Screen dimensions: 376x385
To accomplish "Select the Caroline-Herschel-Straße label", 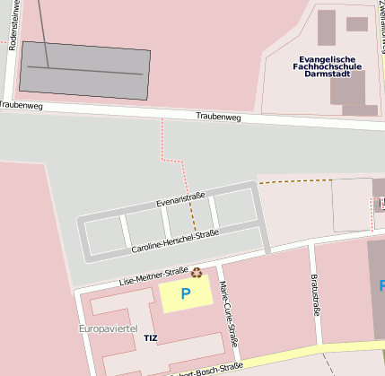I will [175, 240].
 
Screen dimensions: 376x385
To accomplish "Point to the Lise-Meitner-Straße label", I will [153, 275].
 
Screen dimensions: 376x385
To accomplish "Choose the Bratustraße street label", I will [315, 296].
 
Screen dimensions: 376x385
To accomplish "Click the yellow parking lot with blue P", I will [186, 293].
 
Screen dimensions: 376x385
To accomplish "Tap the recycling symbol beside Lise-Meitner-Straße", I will [197, 272].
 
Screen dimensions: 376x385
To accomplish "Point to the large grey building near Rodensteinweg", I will [85, 70].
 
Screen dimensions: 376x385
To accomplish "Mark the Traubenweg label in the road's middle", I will [219, 117].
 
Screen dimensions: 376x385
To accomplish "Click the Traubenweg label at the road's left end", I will [20, 104].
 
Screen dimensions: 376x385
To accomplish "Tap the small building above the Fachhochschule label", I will [356, 24].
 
